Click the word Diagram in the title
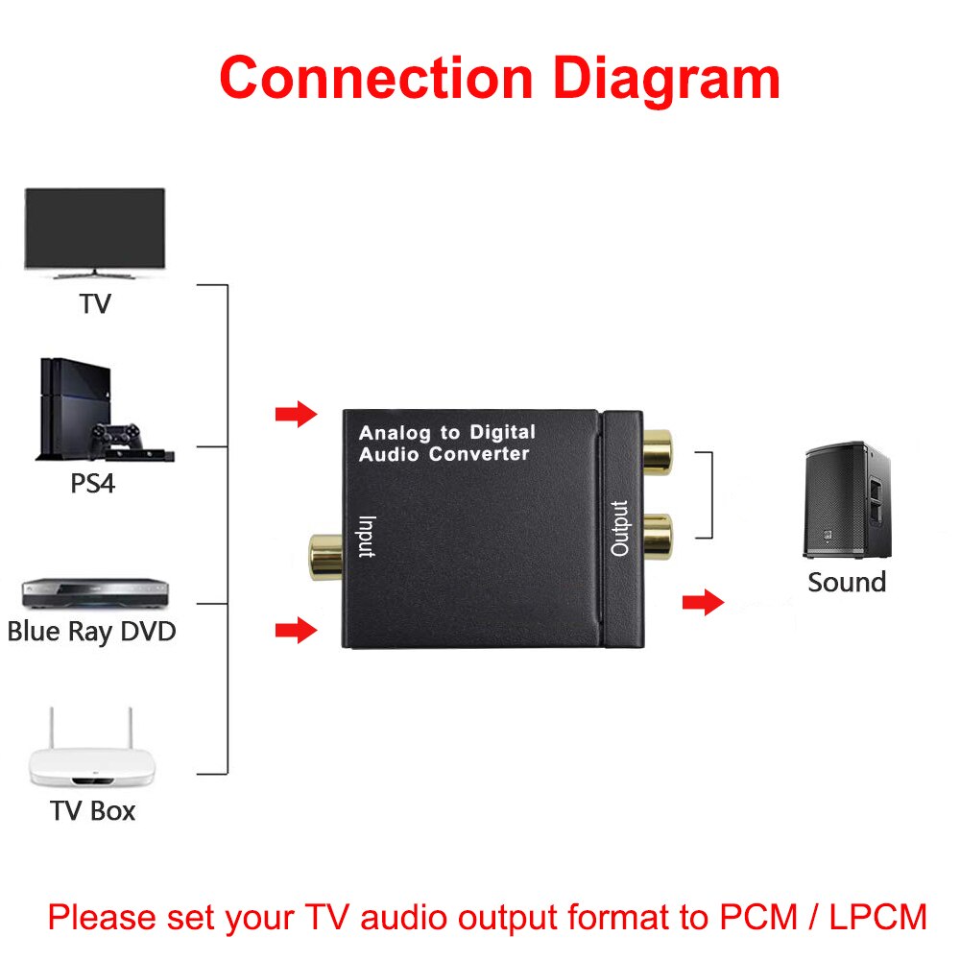(667, 79)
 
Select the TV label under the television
(95, 304)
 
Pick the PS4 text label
(92, 483)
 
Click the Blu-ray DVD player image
(89, 591)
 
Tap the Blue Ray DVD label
(91, 633)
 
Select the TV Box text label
(93, 810)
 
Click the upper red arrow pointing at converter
(296, 415)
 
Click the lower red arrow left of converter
(296, 631)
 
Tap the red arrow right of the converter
(703, 603)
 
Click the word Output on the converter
(620, 528)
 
